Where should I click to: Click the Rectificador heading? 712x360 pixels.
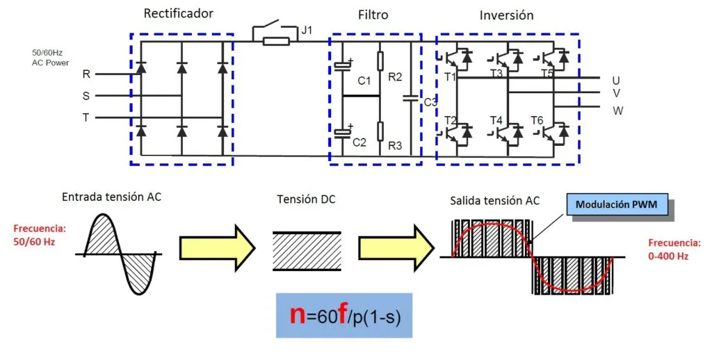[x=179, y=14]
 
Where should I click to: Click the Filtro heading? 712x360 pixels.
[x=373, y=15]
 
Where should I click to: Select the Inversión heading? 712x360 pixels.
[x=506, y=15]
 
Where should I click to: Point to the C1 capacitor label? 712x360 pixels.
[x=364, y=81]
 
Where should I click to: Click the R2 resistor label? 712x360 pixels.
[x=395, y=76]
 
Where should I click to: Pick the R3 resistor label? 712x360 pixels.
[x=395, y=146]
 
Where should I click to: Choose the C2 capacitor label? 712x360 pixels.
[x=359, y=142]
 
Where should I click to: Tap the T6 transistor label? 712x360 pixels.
[x=537, y=120]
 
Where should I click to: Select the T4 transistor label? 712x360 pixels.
[x=496, y=120]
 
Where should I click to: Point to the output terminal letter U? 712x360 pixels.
[x=616, y=81]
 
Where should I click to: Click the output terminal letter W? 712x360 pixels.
[x=617, y=111]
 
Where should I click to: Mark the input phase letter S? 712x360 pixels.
[x=86, y=96]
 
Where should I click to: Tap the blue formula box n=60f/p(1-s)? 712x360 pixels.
[x=344, y=315]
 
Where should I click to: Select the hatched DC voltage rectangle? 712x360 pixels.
[x=307, y=246]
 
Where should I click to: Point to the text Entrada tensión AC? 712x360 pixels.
[x=111, y=197]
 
